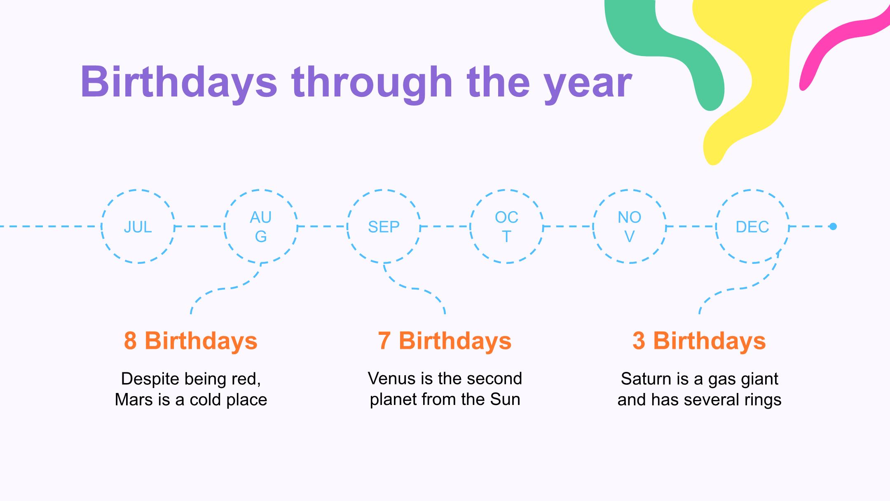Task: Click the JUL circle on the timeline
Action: click(x=138, y=190)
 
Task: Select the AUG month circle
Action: click(x=261, y=190)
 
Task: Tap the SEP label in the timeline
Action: click(x=384, y=227)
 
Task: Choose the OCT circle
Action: click(x=507, y=190)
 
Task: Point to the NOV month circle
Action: click(x=630, y=190)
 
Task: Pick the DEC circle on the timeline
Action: click(x=752, y=190)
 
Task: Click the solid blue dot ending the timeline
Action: click(x=833, y=226)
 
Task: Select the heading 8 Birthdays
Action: click(x=191, y=341)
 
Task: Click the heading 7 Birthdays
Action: click(x=445, y=341)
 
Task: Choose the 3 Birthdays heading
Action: click(x=699, y=341)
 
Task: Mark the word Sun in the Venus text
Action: click(x=505, y=399)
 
